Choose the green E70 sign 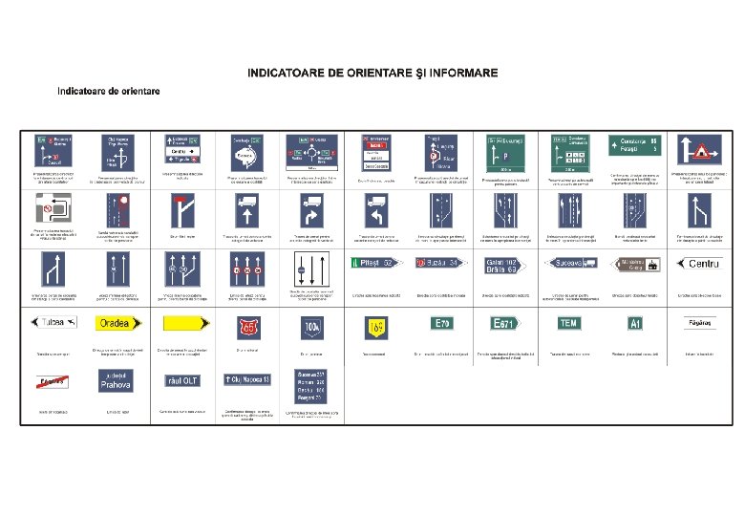click(x=442, y=323)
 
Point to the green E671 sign click(x=505, y=324)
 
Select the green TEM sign click(x=569, y=323)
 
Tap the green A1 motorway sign click(x=635, y=324)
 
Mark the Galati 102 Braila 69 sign click(x=506, y=265)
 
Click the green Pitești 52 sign click(x=375, y=263)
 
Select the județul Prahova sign click(x=114, y=382)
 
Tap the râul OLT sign click(x=181, y=380)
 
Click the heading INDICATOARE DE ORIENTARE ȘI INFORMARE click(x=372, y=73)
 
